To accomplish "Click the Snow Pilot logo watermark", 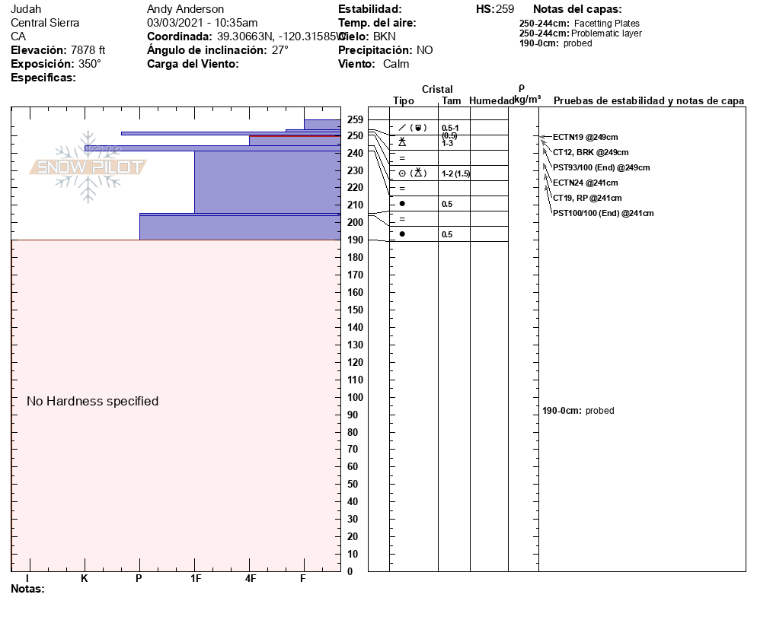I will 88,167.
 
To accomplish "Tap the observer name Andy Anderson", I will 185,9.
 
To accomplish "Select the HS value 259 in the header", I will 505,9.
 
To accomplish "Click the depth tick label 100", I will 356,397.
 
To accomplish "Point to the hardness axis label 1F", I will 196,579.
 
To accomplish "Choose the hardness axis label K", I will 85,579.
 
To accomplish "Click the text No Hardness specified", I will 93,401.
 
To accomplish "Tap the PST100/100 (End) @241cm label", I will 603,213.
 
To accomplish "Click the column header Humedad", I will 492,101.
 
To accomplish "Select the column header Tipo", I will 404,101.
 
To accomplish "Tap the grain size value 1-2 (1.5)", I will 456,173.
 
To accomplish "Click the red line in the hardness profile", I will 295,136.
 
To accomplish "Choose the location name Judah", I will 26,9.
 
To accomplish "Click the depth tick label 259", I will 356,119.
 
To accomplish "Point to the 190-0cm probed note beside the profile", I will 578,411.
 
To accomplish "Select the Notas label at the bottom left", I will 27,589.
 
